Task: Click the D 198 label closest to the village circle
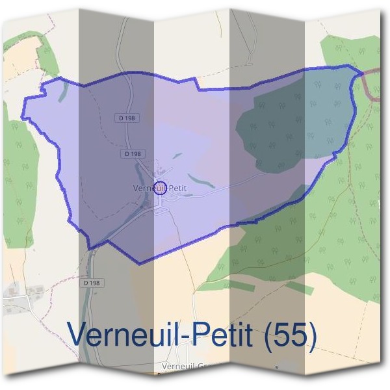pos(131,154)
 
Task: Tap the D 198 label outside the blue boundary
pos(92,283)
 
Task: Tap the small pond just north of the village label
pos(177,156)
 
